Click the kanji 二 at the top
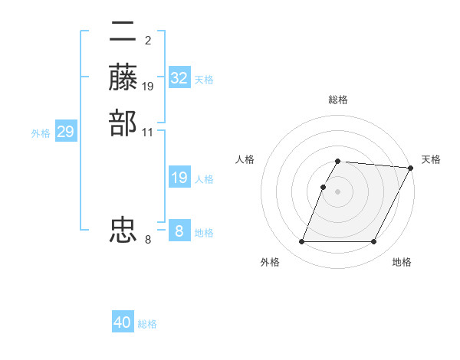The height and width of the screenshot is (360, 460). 123,33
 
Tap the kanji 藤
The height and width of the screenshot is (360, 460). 123,77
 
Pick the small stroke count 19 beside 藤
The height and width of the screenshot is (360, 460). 148,86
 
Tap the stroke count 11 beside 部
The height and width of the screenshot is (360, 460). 148,132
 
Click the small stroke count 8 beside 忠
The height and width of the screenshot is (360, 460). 147,240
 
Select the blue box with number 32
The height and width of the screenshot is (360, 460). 179,78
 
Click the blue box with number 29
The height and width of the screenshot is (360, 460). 65,132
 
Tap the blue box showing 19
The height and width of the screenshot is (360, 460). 179,178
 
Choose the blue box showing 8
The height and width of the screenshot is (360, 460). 179,231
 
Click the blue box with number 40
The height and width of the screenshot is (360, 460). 123,322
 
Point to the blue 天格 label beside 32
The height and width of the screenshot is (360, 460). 204,79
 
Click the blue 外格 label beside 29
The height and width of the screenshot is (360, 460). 41,133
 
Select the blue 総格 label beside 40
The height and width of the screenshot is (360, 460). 147,323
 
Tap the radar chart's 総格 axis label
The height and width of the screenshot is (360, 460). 338,100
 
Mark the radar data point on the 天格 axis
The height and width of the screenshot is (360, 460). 412,169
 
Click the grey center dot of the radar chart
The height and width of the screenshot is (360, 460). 338,191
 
